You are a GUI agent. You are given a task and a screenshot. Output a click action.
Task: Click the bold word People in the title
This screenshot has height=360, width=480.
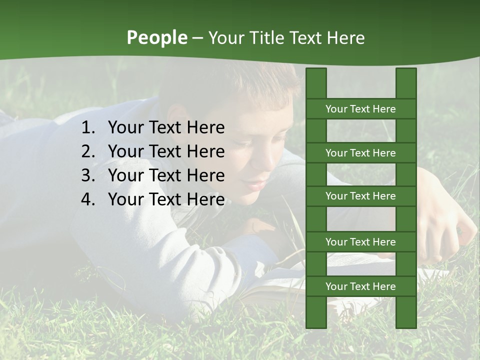[157, 37]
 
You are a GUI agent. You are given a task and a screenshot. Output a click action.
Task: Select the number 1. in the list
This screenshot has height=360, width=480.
[88, 128]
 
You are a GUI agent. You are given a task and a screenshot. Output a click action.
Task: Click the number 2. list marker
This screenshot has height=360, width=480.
[88, 151]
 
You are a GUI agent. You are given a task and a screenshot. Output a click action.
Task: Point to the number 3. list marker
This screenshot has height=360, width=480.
[88, 175]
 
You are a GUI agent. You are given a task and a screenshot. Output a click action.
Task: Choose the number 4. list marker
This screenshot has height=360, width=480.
[88, 199]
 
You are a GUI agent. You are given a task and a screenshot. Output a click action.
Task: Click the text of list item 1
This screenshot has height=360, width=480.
[166, 128]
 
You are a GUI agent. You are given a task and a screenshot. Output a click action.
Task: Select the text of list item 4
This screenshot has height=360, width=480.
[166, 199]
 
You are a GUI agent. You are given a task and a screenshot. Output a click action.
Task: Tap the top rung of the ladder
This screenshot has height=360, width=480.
[360, 109]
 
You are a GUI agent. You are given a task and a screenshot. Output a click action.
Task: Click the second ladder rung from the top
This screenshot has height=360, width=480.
[360, 153]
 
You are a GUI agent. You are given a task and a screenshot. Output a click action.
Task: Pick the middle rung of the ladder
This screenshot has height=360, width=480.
[360, 196]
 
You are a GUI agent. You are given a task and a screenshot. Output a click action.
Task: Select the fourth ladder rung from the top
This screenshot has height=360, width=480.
[360, 242]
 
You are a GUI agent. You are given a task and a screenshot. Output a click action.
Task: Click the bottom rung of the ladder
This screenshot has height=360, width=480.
[360, 286]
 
